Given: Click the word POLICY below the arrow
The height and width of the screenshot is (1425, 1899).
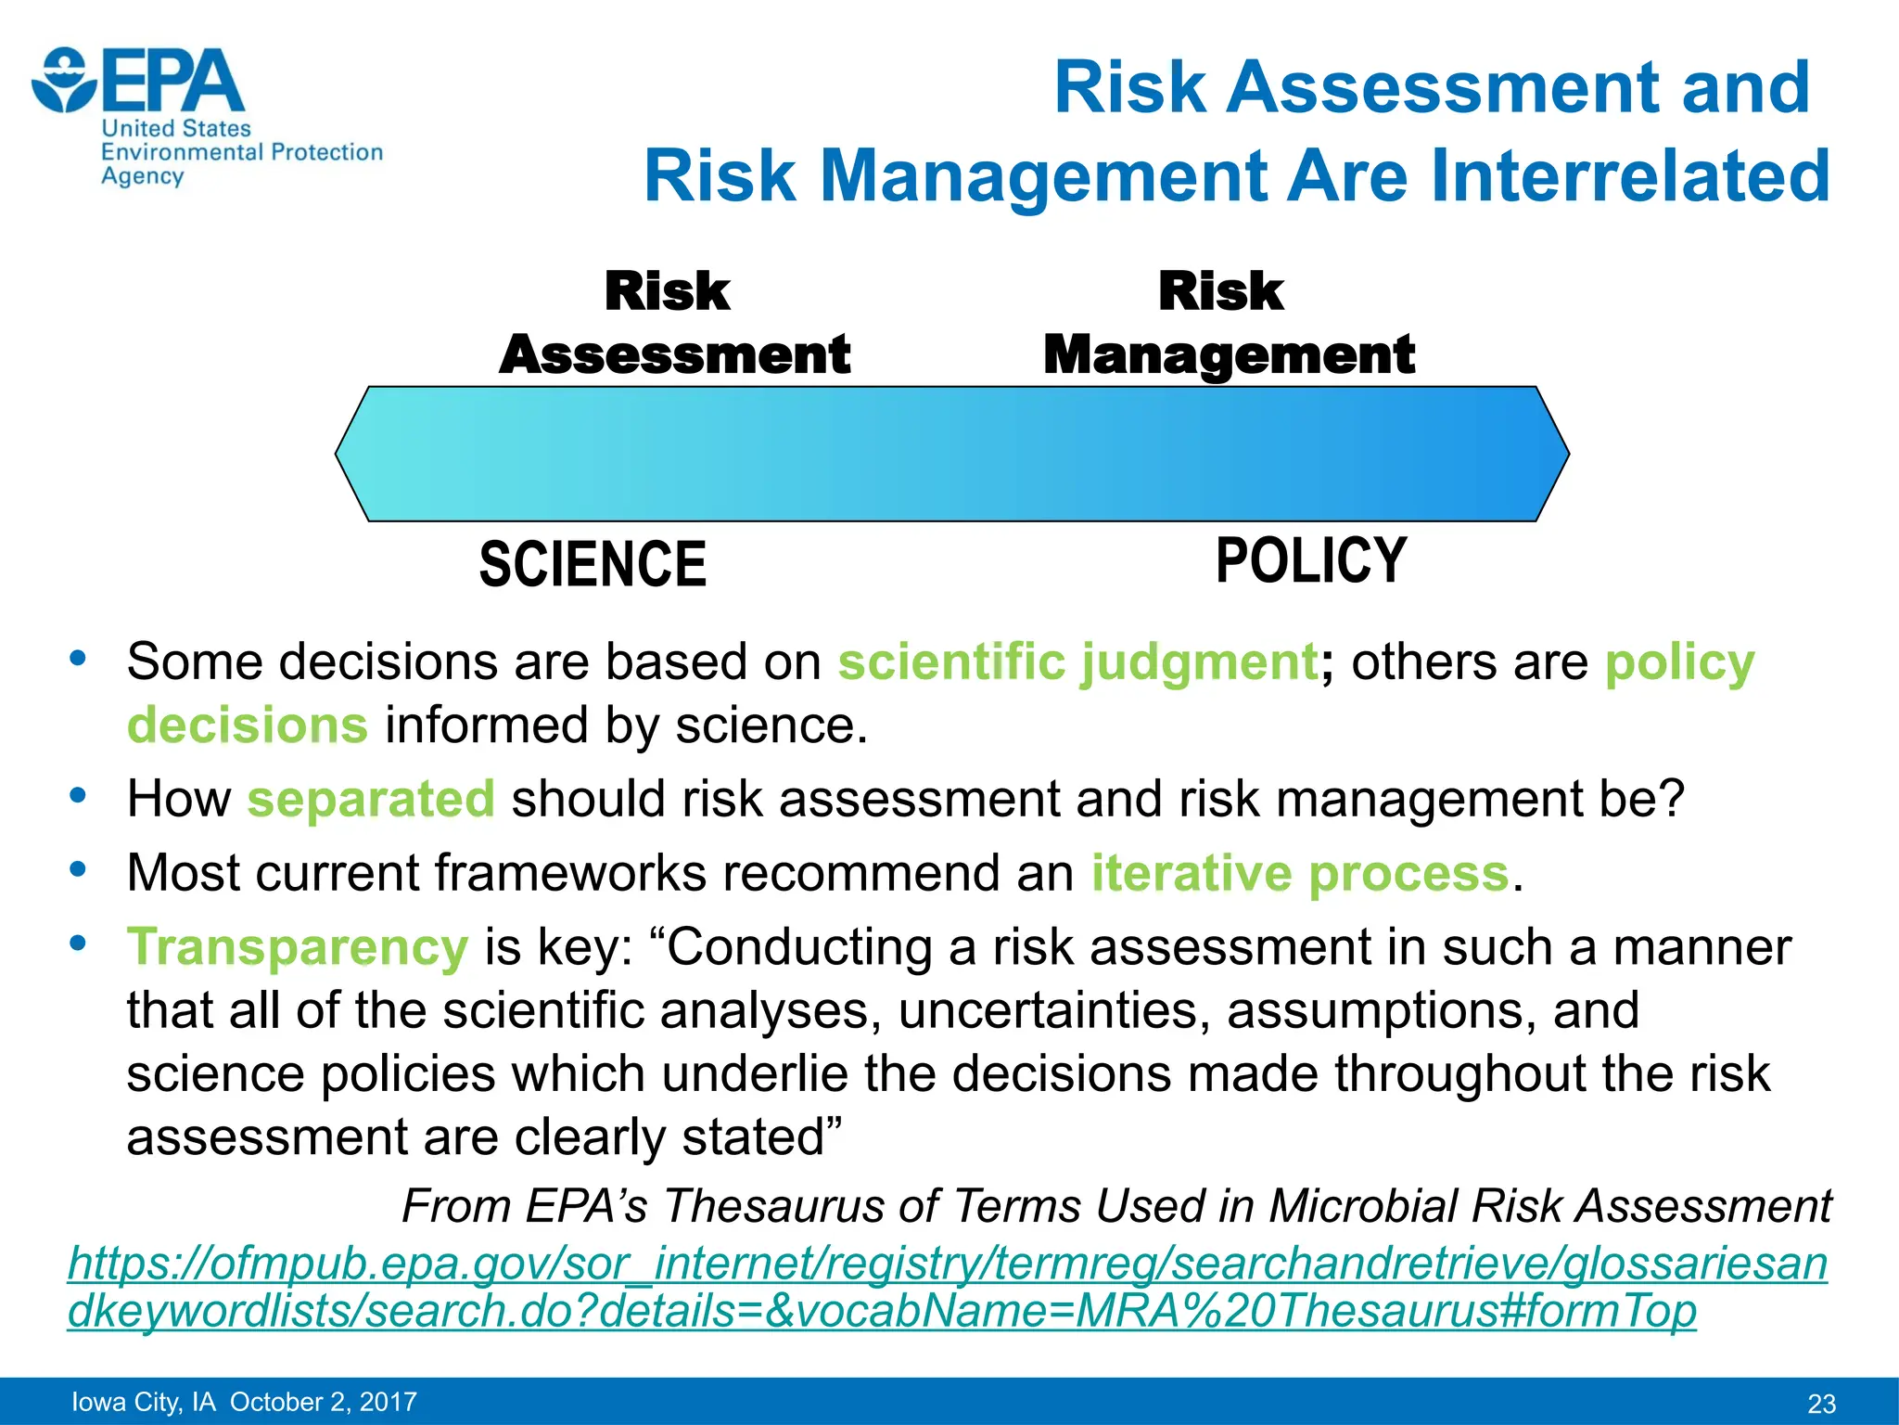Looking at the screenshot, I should (x=1311, y=560).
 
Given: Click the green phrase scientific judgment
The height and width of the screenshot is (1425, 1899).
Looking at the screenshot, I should (x=1077, y=662).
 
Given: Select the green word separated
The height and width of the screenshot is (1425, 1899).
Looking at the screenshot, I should (x=371, y=799).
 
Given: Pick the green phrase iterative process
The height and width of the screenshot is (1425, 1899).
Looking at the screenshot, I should (x=1300, y=873).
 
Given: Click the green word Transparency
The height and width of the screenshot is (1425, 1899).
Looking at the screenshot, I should (x=298, y=947).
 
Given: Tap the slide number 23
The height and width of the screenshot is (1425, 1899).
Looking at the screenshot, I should (x=1821, y=1404).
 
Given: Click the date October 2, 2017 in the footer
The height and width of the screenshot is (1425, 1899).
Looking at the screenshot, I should (x=324, y=1402).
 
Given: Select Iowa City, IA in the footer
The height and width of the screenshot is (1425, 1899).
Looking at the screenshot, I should (x=143, y=1402).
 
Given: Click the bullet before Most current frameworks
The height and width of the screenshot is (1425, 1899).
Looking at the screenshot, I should (x=78, y=870).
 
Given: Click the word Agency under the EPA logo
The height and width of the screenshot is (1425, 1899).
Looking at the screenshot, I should (x=142, y=176).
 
